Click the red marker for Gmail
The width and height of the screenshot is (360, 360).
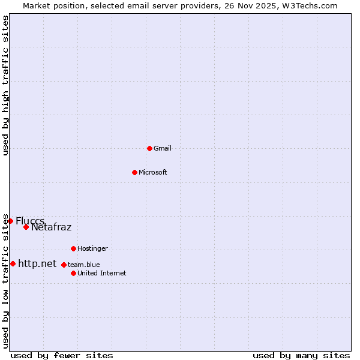tap(149, 148)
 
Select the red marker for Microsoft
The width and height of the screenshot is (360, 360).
tap(134, 172)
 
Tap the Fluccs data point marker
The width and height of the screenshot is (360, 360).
tap(10, 221)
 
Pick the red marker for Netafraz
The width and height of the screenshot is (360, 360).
tap(26, 227)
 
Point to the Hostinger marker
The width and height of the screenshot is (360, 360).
tap(73, 248)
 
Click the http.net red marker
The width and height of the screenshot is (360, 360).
tap(13, 263)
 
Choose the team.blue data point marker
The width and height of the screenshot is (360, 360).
tap(64, 265)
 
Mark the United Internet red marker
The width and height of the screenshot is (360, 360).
tap(73, 273)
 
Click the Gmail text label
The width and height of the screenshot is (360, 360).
tap(163, 148)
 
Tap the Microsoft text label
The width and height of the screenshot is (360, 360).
tap(153, 172)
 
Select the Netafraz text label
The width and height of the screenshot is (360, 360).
tap(52, 227)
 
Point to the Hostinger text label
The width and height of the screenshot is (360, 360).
tap(92, 248)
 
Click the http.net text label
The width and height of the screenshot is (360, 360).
tap(37, 263)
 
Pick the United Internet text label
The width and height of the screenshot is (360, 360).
tap(102, 273)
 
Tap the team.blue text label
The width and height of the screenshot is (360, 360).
tap(84, 265)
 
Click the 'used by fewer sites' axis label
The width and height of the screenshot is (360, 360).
tap(62, 355)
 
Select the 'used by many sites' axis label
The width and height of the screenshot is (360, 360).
tap(301, 355)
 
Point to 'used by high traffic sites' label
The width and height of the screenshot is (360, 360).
tap(5, 85)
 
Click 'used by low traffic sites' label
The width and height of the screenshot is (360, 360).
tap(5, 281)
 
